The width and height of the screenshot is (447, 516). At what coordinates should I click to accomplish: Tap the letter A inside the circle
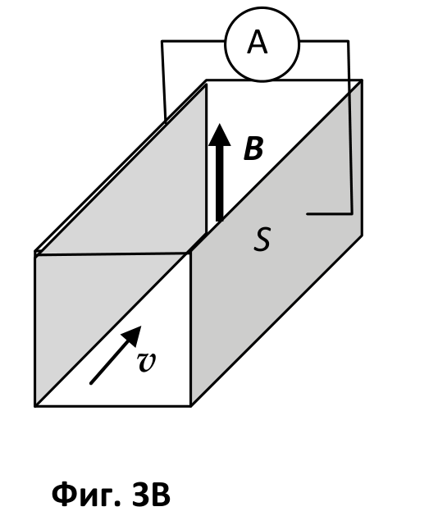click(x=258, y=42)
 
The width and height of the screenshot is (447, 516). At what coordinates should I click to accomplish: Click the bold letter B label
click(x=253, y=148)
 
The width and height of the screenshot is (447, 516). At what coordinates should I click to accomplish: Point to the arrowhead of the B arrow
click(x=220, y=135)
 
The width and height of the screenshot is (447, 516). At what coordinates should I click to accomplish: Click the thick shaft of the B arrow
click(x=220, y=183)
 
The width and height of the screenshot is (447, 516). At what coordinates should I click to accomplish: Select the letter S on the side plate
click(x=262, y=240)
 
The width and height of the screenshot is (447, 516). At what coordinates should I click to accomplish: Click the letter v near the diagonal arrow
click(x=146, y=362)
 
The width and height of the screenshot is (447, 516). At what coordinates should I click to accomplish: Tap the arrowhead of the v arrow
click(x=133, y=335)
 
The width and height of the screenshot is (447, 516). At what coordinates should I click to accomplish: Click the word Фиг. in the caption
click(x=87, y=495)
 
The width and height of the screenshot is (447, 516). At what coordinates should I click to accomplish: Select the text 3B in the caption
click(x=151, y=495)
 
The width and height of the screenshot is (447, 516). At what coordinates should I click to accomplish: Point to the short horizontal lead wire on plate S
click(x=329, y=214)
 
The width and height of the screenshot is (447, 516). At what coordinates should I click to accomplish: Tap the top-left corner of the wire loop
click(x=162, y=41)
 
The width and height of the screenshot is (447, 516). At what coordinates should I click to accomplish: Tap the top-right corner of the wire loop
click(x=349, y=41)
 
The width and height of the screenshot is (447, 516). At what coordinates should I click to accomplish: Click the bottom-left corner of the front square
click(x=35, y=406)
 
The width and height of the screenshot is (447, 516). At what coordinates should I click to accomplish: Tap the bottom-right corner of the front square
click(x=191, y=406)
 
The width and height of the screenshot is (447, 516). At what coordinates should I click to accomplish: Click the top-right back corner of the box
click(x=363, y=80)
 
